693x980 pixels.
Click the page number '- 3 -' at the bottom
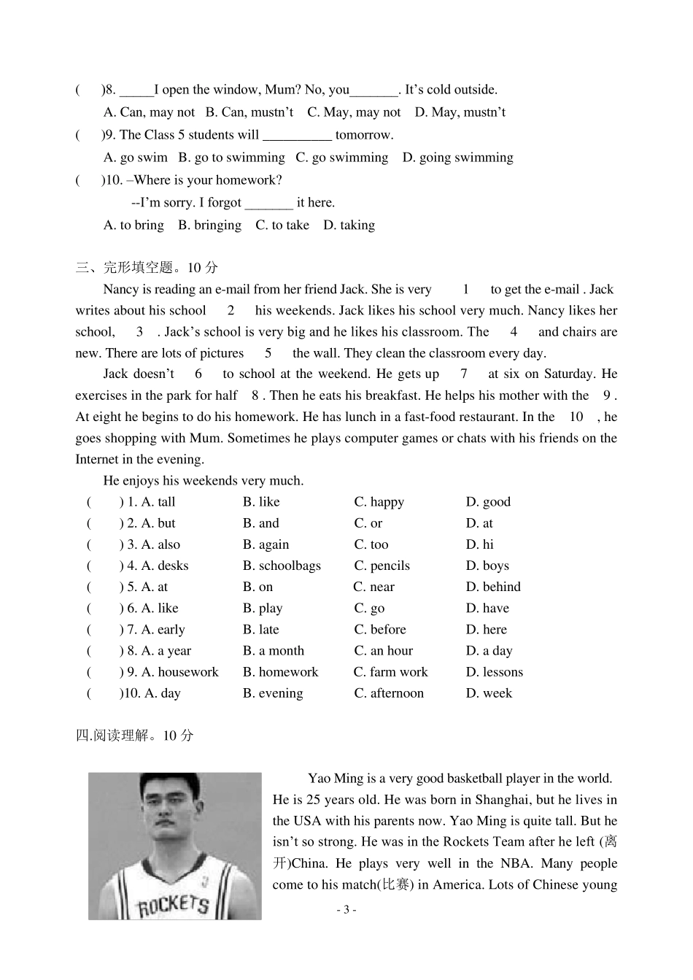point(346,909)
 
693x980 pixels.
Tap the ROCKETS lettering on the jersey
point(174,904)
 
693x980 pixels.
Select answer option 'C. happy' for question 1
point(379,502)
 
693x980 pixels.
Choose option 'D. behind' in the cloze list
point(493,587)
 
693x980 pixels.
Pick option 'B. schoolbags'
point(282,566)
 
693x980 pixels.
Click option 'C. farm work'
point(390,672)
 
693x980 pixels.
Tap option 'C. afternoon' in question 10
point(389,693)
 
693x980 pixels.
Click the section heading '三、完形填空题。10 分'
point(147,268)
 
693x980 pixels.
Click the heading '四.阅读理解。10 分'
point(135,736)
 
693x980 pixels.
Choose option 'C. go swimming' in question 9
point(341,158)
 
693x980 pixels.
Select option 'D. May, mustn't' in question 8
point(460,112)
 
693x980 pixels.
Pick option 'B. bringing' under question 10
point(209,225)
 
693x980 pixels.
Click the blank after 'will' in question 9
point(297,136)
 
